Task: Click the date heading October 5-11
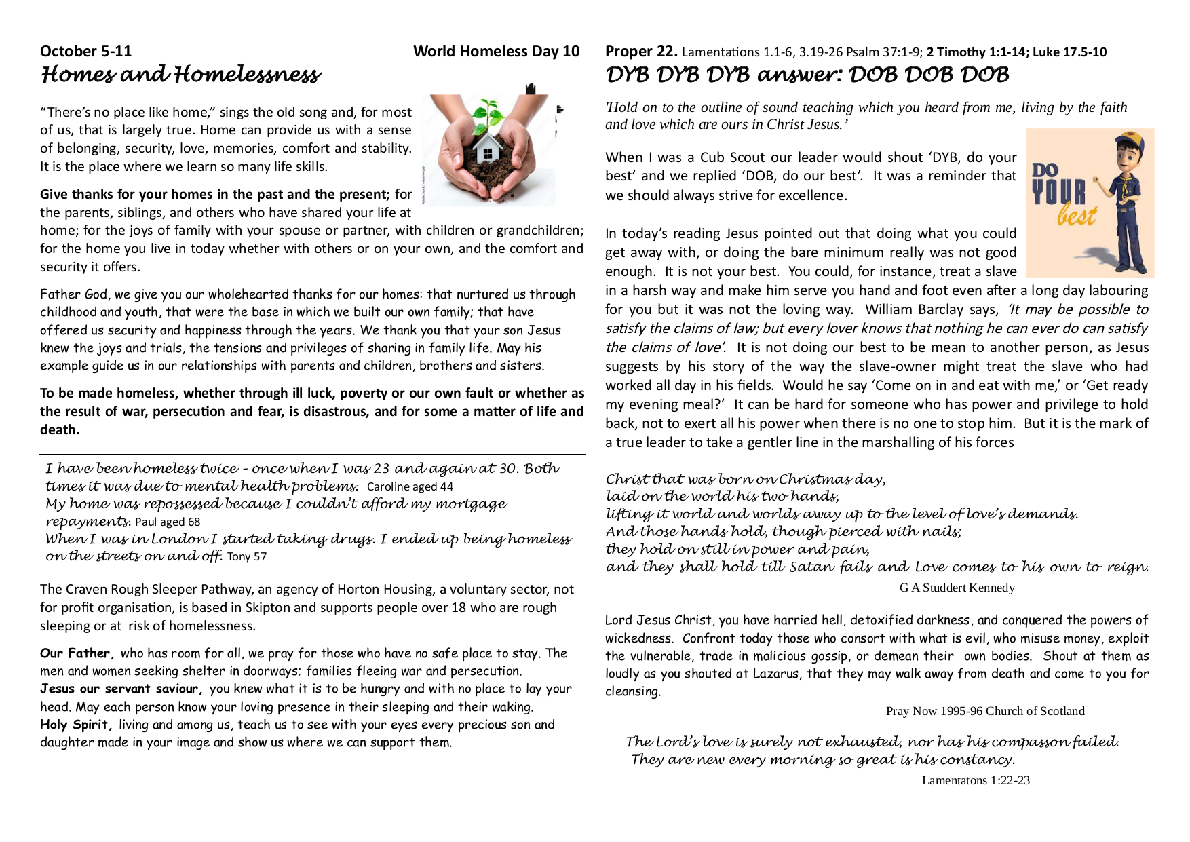pyautogui.click(x=85, y=52)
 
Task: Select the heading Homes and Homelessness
pyautogui.click(x=180, y=75)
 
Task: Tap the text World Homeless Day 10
pyautogui.click(x=496, y=52)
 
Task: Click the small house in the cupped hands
pyautogui.click(x=486, y=149)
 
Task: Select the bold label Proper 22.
pyautogui.click(x=640, y=52)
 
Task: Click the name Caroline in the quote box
pyautogui.click(x=388, y=486)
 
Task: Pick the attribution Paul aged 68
pyautogui.click(x=168, y=522)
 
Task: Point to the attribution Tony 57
pyautogui.click(x=247, y=557)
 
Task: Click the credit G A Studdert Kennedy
pyautogui.click(x=957, y=588)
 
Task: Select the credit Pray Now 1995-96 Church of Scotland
pyautogui.click(x=984, y=711)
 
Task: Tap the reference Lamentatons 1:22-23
pyautogui.click(x=975, y=780)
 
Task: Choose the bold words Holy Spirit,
pyautogui.click(x=76, y=725)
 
